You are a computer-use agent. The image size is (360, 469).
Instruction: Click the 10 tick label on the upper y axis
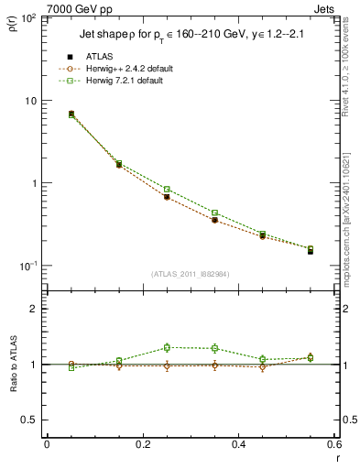click(x=30, y=101)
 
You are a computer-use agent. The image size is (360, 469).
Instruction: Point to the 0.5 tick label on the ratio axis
click(x=28, y=420)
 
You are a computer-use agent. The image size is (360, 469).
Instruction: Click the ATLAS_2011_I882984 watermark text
click(x=191, y=273)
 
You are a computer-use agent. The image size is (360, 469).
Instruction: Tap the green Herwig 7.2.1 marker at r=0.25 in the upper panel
click(x=167, y=190)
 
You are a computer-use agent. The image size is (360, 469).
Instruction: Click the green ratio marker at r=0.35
click(x=214, y=348)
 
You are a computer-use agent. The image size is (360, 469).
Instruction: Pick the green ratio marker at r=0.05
click(x=47, y=367)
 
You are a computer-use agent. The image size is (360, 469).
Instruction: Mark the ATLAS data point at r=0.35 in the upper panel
click(x=214, y=221)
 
